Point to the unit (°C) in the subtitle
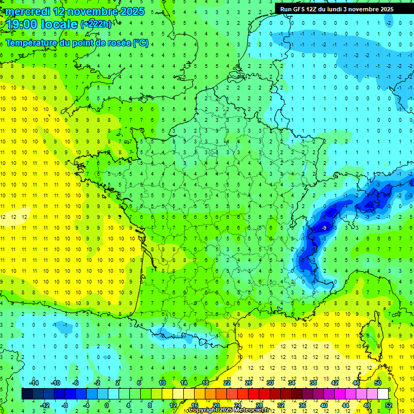click(x=141, y=43)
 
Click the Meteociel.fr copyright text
click(x=229, y=410)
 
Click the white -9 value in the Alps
click(x=323, y=229)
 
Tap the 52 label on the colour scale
click(x=389, y=405)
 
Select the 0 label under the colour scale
click(x=107, y=405)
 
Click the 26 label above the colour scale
click(x=249, y=382)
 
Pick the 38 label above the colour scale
click(x=313, y=382)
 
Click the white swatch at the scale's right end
click(x=383, y=394)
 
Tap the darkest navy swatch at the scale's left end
click(x=27, y=394)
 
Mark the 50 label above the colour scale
click(x=378, y=382)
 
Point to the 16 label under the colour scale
click(x=195, y=405)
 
